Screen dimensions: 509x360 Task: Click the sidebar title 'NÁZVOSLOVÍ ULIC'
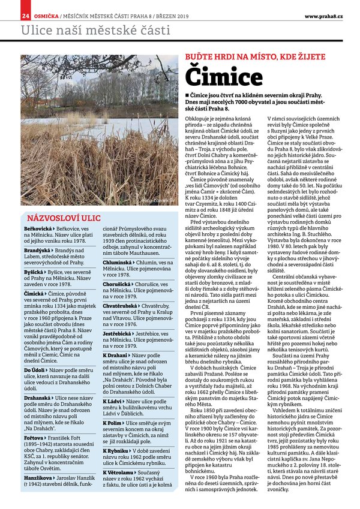61,218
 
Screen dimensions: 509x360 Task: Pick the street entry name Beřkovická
38,230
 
